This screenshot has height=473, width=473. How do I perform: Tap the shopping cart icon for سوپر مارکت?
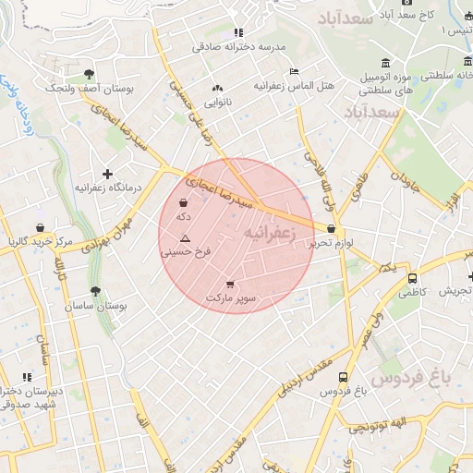point(229,284)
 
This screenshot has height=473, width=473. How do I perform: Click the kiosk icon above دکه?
point(183,202)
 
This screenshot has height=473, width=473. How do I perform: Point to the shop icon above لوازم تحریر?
point(332,229)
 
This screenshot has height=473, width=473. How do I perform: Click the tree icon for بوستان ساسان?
point(95,291)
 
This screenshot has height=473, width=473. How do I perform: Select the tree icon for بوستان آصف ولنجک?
point(89,73)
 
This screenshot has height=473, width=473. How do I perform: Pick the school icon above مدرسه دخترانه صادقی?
point(238,32)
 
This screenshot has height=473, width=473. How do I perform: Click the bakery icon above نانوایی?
point(218,88)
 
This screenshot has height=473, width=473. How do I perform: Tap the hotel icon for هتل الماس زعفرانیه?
point(294,71)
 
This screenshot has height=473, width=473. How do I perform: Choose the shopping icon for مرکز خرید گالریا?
point(40,227)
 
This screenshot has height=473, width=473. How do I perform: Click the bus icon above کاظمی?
point(412,277)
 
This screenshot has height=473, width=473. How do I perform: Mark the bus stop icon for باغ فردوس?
point(344,377)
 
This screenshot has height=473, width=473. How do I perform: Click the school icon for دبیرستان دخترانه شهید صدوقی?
point(27,377)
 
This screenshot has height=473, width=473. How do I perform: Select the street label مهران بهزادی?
point(109,236)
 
